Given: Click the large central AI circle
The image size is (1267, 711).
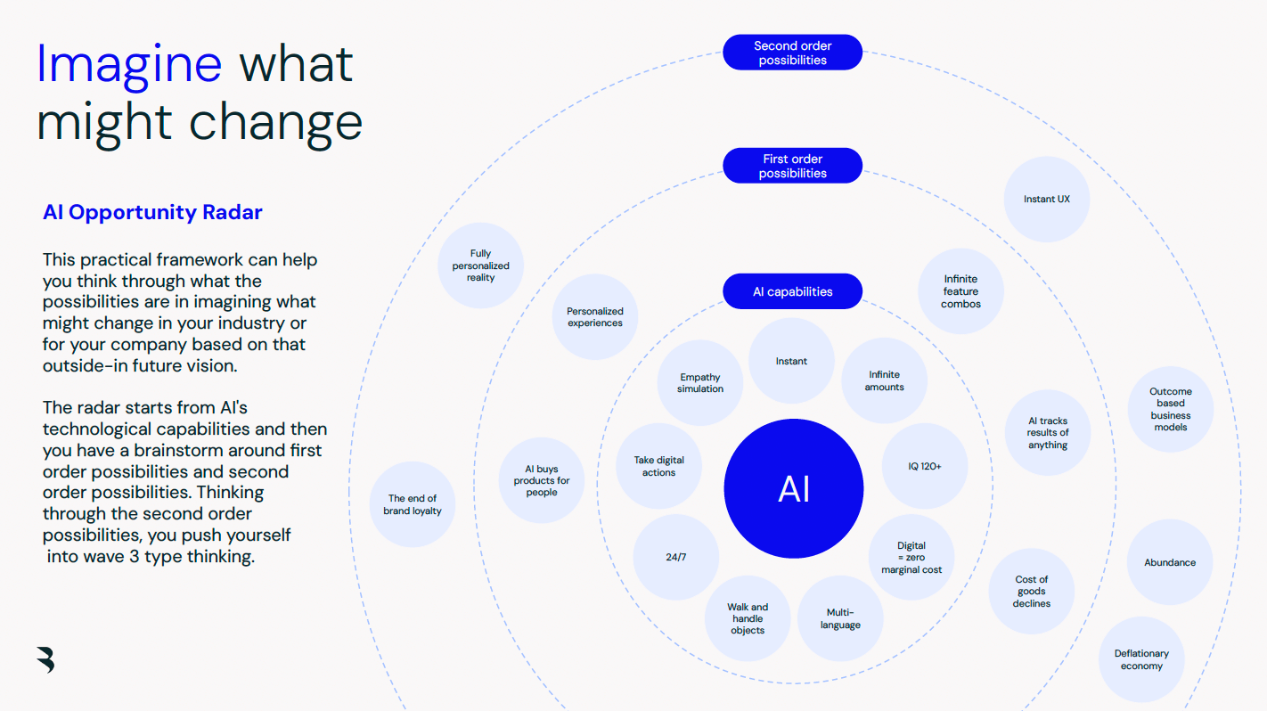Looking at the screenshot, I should (793, 489).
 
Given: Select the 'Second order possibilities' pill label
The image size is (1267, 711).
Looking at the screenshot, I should (792, 53).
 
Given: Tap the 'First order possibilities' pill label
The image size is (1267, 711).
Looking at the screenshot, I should (792, 166).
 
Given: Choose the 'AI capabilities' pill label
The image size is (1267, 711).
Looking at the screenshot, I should (792, 291).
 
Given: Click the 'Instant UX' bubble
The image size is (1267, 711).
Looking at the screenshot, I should (1046, 200).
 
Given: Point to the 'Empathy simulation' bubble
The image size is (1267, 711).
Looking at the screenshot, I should (700, 383).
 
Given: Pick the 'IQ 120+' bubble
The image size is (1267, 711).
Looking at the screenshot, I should (925, 466).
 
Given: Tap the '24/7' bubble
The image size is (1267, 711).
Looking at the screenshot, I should (676, 558).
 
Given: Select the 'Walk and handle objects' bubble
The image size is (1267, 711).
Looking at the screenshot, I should (748, 618).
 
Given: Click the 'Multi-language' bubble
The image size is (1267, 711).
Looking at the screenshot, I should (840, 618).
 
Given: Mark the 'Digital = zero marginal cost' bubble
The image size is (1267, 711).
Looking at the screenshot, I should (911, 558).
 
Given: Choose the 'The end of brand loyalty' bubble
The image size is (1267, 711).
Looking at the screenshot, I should (413, 504).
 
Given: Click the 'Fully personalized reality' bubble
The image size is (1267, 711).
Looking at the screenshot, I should (480, 266).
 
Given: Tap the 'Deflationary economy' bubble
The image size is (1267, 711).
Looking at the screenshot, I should (1141, 659).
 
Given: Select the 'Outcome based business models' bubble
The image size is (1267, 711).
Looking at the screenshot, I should (1170, 409).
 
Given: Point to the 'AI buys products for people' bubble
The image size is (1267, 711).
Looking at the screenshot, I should (541, 480).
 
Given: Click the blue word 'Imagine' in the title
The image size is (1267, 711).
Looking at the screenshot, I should (129, 64).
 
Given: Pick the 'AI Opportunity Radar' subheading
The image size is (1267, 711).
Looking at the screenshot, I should (152, 212).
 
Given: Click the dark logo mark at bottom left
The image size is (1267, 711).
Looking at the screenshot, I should (45, 658).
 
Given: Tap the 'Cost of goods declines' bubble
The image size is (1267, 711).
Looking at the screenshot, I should (1031, 591).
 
